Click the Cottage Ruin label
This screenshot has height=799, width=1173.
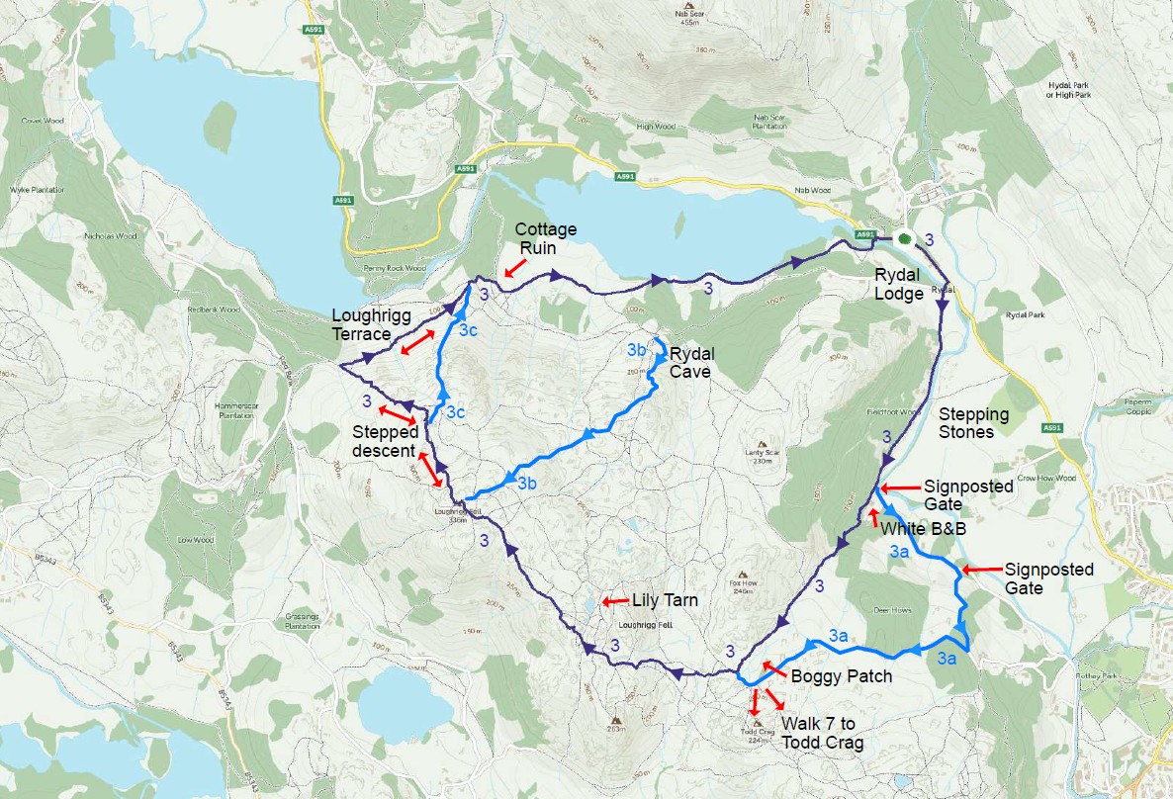tap(545, 237)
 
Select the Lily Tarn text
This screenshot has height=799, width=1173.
tap(665, 600)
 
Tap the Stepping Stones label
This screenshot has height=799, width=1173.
tap(973, 423)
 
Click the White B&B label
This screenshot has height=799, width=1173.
tap(923, 529)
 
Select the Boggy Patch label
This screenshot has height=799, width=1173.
tap(842, 676)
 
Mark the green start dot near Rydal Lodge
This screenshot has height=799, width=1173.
tap(903, 237)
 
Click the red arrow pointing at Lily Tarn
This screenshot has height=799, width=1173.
tap(614, 600)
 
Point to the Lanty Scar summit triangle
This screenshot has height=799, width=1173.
tap(762, 445)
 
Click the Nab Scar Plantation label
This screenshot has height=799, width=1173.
tap(769, 122)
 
